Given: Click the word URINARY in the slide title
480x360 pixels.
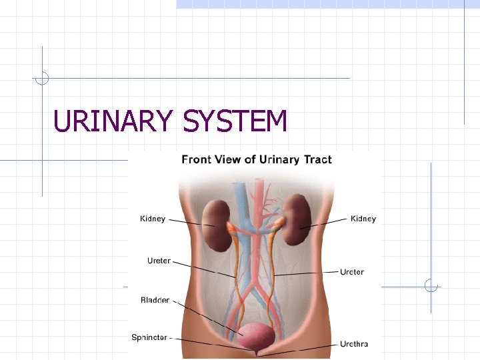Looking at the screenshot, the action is pyautogui.click(x=112, y=121).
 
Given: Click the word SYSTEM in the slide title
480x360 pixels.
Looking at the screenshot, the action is pyautogui.click(x=234, y=121).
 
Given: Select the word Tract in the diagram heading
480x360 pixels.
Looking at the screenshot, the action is pyautogui.click(x=317, y=159).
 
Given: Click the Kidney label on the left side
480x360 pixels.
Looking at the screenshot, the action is pyautogui.click(x=153, y=219).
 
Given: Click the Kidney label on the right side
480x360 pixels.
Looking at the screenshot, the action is pyautogui.click(x=363, y=219).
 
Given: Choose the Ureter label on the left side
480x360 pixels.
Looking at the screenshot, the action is pyautogui.click(x=159, y=261).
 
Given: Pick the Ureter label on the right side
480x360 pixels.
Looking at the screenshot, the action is pyautogui.click(x=352, y=272).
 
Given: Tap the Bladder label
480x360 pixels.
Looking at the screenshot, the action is pyautogui.click(x=155, y=301).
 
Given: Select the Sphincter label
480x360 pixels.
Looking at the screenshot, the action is pyautogui.click(x=149, y=338).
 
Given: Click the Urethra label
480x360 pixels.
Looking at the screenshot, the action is pyautogui.click(x=354, y=345).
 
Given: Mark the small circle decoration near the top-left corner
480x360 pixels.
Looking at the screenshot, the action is pyautogui.click(x=42, y=78).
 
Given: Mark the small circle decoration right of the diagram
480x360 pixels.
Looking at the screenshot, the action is pyautogui.click(x=431, y=287).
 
